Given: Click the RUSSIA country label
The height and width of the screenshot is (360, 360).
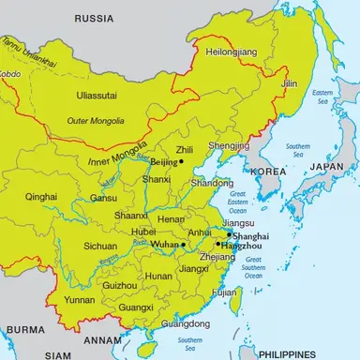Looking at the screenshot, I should [x=95, y=19].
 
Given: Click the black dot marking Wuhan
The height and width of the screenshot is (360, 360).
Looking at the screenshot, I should [x=184, y=244].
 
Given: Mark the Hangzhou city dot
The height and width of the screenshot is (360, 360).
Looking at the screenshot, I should [x=217, y=244].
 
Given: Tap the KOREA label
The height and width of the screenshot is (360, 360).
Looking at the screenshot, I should [x=269, y=172].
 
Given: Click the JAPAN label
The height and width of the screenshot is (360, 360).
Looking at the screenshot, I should [x=328, y=167].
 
